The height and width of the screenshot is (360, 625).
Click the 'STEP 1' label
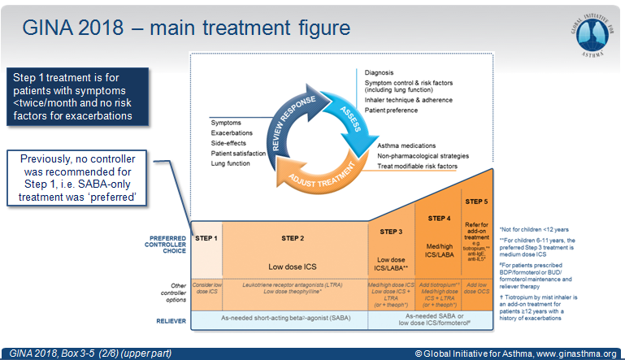tap(206, 237)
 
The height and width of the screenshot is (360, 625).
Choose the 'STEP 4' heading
tap(438, 219)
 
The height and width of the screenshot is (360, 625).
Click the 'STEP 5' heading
tap(476, 200)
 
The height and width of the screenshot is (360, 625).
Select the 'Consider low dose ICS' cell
tap(206, 289)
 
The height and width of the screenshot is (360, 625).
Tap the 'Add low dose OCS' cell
tap(476, 289)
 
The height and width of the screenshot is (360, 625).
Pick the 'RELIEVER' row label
tap(167, 320)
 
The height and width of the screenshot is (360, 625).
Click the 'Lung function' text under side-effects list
tap(232, 163)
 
